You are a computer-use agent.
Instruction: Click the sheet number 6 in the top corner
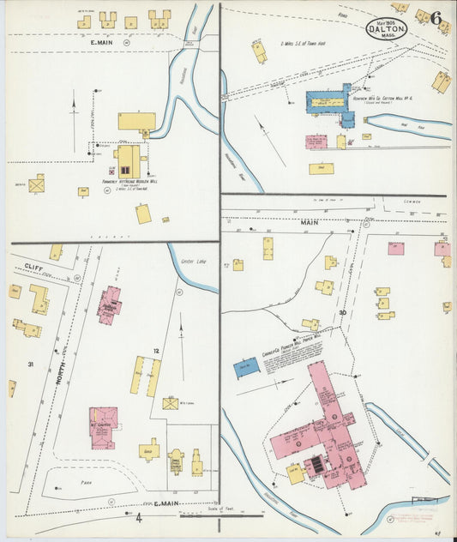click(436, 18)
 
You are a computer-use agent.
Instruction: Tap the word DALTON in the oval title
click(388, 27)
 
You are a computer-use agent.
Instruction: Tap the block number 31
click(30, 364)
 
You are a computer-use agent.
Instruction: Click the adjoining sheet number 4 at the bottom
click(139, 518)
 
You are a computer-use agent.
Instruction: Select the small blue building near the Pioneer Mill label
click(247, 368)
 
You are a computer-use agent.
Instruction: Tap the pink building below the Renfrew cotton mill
click(316, 142)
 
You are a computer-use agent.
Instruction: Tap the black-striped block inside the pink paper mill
click(316, 464)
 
